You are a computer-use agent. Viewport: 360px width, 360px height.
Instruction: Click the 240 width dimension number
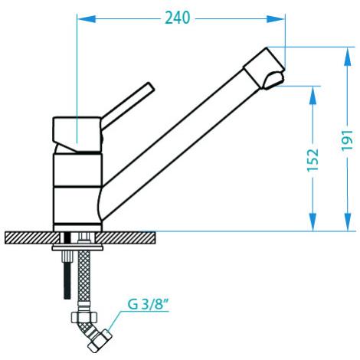pyautogui.click(x=178, y=18)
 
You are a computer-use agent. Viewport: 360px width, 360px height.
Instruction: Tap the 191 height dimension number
pyautogui.click(x=348, y=140)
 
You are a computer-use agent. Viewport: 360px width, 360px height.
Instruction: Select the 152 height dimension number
pyautogui.click(x=313, y=160)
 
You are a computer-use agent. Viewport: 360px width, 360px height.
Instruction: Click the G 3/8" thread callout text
pyautogui.click(x=149, y=304)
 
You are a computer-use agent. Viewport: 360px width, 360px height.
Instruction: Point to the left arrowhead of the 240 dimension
pyautogui.click(x=87, y=19)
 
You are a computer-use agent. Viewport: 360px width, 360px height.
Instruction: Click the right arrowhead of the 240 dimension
pyautogui.click(x=276, y=19)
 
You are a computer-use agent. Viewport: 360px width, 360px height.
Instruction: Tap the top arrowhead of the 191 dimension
pyautogui.click(x=348, y=57)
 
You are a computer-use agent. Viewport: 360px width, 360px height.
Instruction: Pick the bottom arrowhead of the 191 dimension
pyautogui.click(x=348, y=222)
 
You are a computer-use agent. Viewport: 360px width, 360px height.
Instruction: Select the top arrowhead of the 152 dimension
pyautogui.click(x=313, y=96)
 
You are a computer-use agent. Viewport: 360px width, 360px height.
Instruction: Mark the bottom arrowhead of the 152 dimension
pyautogui.click(x=313, y=222)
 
